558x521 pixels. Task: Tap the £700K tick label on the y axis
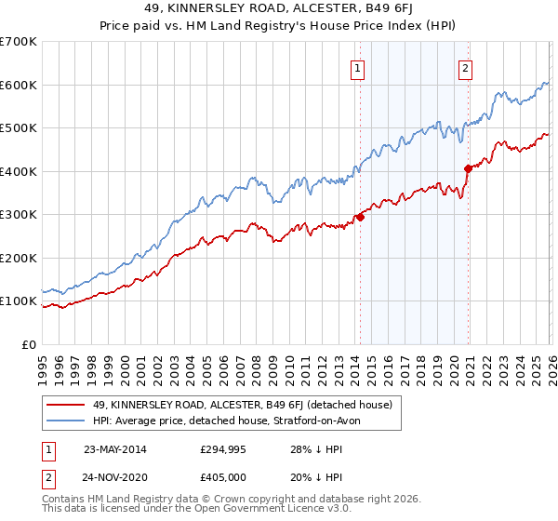coord(19,42)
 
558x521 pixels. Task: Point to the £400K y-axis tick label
coord(19,171)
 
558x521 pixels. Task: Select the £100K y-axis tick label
coord(19,301)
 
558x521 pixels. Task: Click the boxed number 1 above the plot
coord(358,67)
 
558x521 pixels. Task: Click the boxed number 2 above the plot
coord(464,67)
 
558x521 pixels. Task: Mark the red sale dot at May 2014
coord(360,218)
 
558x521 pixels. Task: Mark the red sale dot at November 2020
coord(468,168)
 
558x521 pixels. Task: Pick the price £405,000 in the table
coord(224,476)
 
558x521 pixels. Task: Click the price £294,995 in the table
coord(224,448)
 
